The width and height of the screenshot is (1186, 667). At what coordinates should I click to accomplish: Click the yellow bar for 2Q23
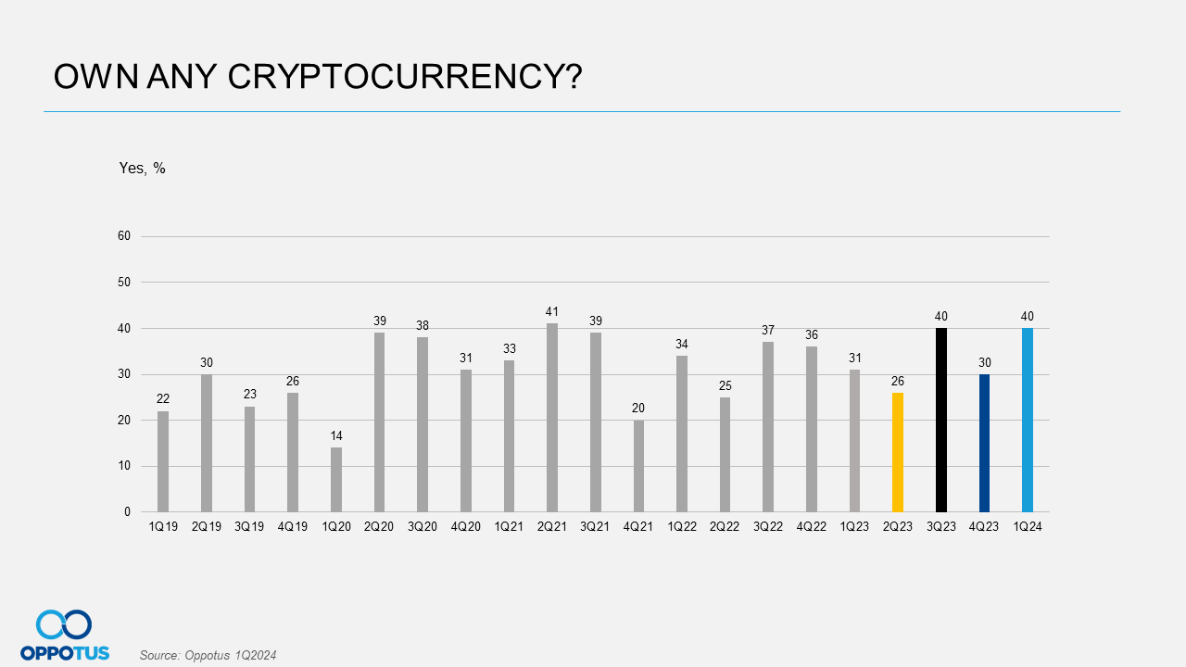pyautogui.click(x=897, y=452)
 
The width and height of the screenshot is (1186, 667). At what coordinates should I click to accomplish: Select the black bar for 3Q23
pyautogui.click(x=940, y=420)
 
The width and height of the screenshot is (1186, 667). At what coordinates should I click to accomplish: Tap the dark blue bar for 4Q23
pyautogui.click(x=984, y=443)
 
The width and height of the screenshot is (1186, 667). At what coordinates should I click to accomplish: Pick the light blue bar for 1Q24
pyautogui.click(x=1027, y=420)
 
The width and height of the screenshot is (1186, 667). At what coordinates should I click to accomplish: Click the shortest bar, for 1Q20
pyautogui.click(x=336, y=480)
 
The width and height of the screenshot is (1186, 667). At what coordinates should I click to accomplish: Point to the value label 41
pyautogui.click(x=552, y=312)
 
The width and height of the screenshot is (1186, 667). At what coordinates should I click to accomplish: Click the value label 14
pyautogui.click(x=336, y=435)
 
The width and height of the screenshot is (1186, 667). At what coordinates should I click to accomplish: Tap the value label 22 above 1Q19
pyautogui.click(x=163, y=399)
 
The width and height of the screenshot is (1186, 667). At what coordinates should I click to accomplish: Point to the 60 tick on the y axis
pyautogui.click(x=123, y=236)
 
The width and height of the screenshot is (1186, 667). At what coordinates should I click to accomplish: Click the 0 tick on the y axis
pyautogui.click(x=127, y=512)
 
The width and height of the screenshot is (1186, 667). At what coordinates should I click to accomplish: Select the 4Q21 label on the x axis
pyautogui.click(x=638, y=527)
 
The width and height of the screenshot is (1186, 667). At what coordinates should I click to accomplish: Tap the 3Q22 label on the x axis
pyautogui.click(x=768, y=527)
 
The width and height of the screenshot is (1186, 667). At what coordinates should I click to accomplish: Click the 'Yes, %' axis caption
pyautogui.click(x=142, y=169)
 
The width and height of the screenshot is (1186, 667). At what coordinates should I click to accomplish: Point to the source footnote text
pyautogui.click(x=208, y=656)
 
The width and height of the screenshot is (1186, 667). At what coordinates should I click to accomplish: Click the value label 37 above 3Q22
pyautogui.click(x=768, y=331)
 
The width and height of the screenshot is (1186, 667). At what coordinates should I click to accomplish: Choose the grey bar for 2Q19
pyautogui.click(x=207, y=443)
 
